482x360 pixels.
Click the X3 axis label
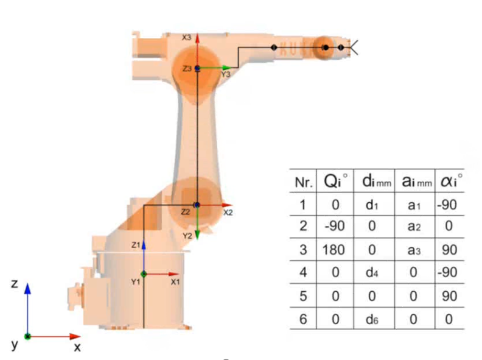pos(186,38)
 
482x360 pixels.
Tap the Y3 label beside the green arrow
pos(226,74)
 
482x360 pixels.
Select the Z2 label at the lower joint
pos(186,212)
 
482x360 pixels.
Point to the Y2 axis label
pos(187,236)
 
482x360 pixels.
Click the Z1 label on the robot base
pos(136,245)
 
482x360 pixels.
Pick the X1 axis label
pos(175,282)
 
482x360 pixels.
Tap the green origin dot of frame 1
pos(144,274)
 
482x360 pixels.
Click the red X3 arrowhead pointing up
pos(198,38)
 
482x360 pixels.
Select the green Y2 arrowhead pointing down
pos(197,235)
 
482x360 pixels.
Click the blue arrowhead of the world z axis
pos(27,288)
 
